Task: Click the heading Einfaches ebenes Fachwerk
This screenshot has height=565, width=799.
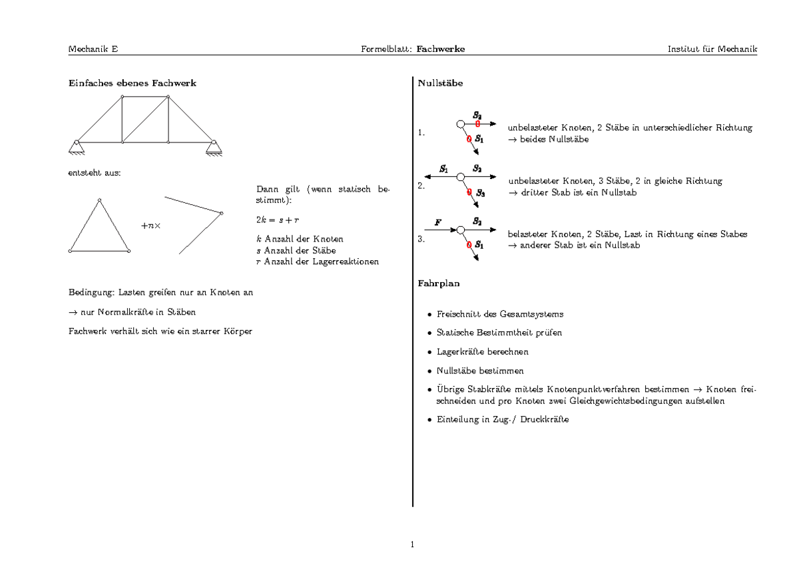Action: (x=133, y=83)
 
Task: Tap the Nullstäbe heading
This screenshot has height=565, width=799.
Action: (x=440, y=83)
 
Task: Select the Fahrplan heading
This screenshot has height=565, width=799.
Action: (x=439, y=283)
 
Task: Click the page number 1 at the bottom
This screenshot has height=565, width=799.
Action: (x=413, y=545)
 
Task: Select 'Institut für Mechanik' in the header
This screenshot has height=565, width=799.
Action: (x=712, y=49)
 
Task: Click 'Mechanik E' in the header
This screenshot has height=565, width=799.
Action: (x=93, y=49)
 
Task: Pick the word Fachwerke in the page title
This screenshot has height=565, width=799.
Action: (x=441, y=49)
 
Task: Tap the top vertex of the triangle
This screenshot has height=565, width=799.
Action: (x=99, y=200)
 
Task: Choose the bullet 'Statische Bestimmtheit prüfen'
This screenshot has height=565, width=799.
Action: (x=499, y=332)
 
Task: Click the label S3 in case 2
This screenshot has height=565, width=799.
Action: (x=480, y=194)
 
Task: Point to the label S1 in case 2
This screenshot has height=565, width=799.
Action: (x=444, y=168)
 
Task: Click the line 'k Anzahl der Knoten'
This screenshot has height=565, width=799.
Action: (x=300, y=239)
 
